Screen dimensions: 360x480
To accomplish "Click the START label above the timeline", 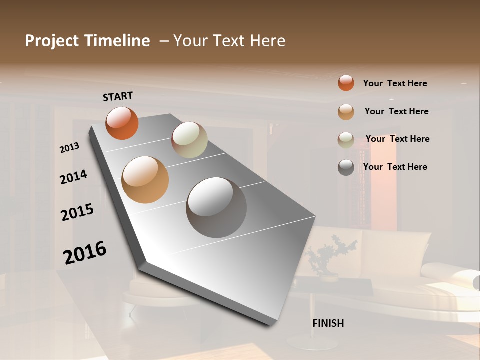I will click(x=118, y=96).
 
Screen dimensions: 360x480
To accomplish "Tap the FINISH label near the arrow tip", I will click(x=328, y=323).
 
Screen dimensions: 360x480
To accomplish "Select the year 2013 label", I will click(x=70, y=148).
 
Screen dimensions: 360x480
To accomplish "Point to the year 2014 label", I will click(x=74, y=177).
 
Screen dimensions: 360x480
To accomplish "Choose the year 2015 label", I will click(x=77, y=212).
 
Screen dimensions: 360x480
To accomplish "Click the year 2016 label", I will click(x=85, y=253).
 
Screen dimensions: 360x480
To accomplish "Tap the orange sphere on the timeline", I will click(x=122, y=123).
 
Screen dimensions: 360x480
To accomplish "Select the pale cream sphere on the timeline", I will click(x=189, y=140).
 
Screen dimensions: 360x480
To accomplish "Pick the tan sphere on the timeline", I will click(x=145, y=180).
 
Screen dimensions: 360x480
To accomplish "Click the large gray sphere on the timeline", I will click(x=216, y=207).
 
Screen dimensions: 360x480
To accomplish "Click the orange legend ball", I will click(x=346, y=83).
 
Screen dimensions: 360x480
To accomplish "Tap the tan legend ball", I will click(x=346, y=111).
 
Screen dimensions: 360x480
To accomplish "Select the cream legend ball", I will click(x=346, y=139).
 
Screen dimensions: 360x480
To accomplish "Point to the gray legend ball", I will click(x=346, y=167).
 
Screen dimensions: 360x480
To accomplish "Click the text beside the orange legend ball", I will click(x=395, y=83).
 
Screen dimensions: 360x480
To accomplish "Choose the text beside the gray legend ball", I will click(x=395, y=167).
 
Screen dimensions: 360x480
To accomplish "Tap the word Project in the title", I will click(x=52, y=41).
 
